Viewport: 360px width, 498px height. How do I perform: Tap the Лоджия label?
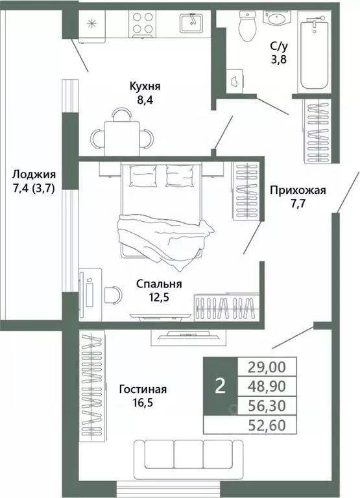pos(34,174)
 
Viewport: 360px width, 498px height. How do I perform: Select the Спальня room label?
pos(158,283)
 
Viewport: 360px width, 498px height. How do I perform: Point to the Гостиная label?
pos(143,389)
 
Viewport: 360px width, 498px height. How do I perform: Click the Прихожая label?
pos(297,190)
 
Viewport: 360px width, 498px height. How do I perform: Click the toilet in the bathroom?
pos(246,25)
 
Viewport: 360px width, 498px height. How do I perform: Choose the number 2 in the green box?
pos(220,386)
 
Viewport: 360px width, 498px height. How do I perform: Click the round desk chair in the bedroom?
pos(112,294)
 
